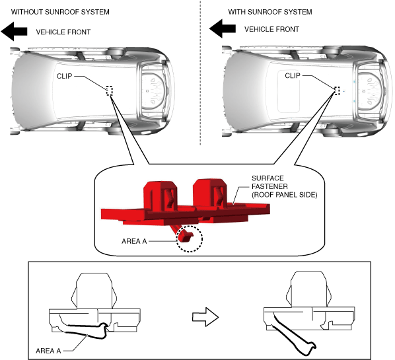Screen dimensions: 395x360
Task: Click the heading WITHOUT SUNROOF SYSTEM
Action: [x=60, y=12]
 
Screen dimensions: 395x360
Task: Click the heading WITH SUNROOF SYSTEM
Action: [x=270, y=12]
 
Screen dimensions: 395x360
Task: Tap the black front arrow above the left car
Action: [x=14, y=32]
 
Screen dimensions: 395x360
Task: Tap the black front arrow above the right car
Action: [x=223, y=28]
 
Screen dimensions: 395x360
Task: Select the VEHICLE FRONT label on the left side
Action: [x=63, y=32]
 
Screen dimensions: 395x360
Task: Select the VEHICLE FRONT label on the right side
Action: [x=271, y=29]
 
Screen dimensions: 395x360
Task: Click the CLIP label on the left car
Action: [x=65, y=76]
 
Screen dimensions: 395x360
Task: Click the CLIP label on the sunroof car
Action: [x=293, y=75]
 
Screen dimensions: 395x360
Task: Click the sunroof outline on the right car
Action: [x=278, y=91]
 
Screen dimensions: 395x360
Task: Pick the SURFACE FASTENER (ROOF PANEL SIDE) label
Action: [x=285, y=186]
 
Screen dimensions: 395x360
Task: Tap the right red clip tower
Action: [x=210, y=194]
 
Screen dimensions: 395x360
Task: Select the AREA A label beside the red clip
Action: [x=134, y=241]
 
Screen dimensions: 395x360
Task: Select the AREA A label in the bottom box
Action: [x=48, y=351]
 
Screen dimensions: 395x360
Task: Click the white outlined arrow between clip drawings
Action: [x=205, y=317]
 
